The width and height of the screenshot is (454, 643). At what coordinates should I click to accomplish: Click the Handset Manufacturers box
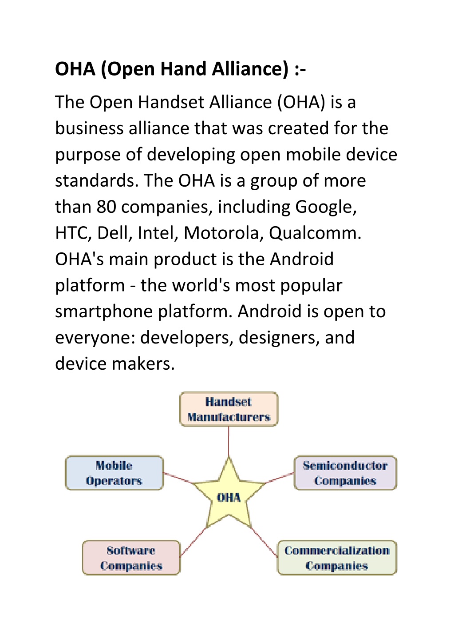point(229,409)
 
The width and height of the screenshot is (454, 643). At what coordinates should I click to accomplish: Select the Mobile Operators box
point(114,473)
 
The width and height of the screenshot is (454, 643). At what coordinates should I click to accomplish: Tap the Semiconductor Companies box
point(345,473)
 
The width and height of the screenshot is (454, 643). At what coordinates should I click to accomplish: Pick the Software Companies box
point(131,558)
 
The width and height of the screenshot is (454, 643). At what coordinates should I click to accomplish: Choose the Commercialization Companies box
point(337,558)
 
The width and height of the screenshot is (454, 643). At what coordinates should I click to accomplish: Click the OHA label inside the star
point(229,497)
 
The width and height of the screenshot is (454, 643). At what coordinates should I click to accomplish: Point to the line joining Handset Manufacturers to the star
point(229,442)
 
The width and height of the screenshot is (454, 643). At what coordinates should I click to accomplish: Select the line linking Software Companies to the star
point(193,542)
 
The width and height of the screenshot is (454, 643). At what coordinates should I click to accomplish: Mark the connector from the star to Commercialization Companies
point(264,542)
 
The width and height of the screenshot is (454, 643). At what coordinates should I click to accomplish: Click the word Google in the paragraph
point(326,207)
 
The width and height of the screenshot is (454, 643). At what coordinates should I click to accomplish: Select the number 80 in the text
point(106,207)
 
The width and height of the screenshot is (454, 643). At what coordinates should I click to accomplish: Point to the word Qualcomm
point(315,233)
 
